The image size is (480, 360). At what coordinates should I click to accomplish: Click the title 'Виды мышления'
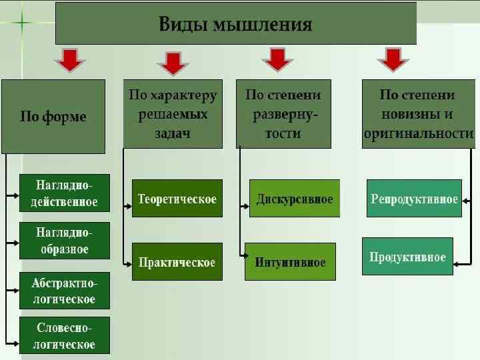click(x=235, y=25)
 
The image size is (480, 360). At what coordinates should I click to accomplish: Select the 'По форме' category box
click(x=53, y=117)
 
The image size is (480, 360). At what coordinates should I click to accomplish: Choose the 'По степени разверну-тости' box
click(x=283, y=114)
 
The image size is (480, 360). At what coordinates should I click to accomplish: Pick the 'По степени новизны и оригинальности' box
click(x=418, y=114)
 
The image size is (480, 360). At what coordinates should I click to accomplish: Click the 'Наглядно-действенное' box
click(x=64, y=193)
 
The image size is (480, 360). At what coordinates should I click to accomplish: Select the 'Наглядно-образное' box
click(x=64, y=241)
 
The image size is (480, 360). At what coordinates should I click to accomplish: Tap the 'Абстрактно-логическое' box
click(x=64, y=291)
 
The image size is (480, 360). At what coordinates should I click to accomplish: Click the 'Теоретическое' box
click(x=177, y=199)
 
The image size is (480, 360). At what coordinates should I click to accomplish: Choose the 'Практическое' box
click(x=177, y=262)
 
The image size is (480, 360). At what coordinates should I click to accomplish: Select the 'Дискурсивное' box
click(x=295, y=199)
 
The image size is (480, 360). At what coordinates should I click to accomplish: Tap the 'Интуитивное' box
click(x=291, y=262)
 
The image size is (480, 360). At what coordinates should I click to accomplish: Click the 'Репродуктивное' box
click(x=414, y=199)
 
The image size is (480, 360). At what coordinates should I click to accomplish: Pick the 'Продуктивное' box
click(x=407, y=257)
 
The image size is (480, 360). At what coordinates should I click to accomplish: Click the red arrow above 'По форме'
click(x=69, y=60)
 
